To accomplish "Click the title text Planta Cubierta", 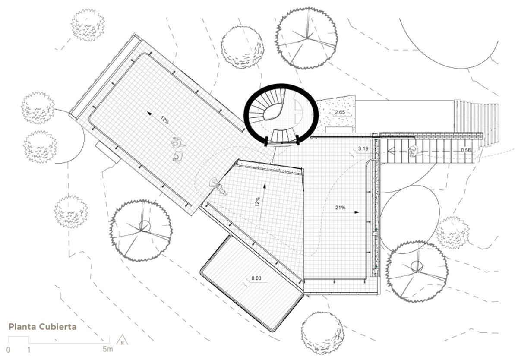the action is [42, 327].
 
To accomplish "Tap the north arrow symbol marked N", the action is [122, 341].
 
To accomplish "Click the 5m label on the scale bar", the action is [108, 349].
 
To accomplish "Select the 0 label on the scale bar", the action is [8, 350].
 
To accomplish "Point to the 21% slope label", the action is [341, 208].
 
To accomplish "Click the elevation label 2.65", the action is [340, 112].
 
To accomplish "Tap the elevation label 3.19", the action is [363, 148].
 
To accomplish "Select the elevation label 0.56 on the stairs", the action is [465, 150].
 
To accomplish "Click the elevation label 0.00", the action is [256, 278].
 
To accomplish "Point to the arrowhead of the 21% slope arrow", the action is [357, 212].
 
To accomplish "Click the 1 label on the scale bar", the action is [29, 350].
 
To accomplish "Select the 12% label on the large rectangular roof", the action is [164, 120].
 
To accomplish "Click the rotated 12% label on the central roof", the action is [257, 202].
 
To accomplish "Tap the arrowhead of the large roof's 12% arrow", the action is [149, 113].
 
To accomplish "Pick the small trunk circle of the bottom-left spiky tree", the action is [145, 226].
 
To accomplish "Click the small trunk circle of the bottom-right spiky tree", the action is [417, 266].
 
